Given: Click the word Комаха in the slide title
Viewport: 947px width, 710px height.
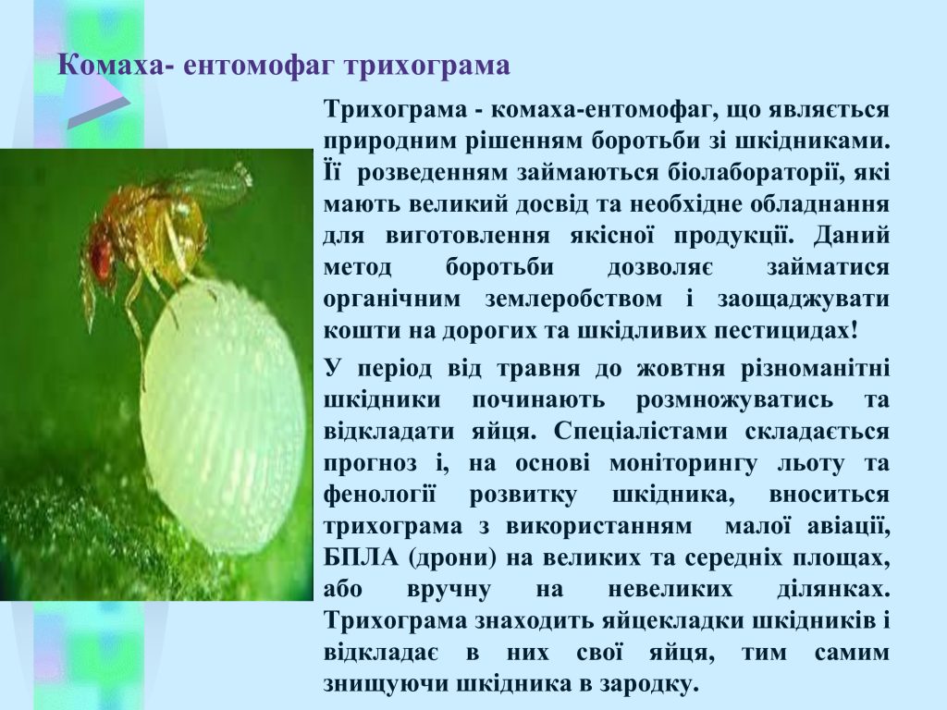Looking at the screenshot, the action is click(112, 66).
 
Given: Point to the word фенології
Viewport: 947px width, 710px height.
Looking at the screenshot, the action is click(379, 496).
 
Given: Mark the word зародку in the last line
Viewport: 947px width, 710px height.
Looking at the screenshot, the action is click(649, 685).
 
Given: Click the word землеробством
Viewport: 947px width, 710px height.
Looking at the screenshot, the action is click(573, 300).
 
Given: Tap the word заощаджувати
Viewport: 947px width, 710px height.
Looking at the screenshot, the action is click(804, 300).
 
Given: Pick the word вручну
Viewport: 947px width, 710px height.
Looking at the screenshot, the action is click(449, 589).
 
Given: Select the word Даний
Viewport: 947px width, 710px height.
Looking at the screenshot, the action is click(852, 236).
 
